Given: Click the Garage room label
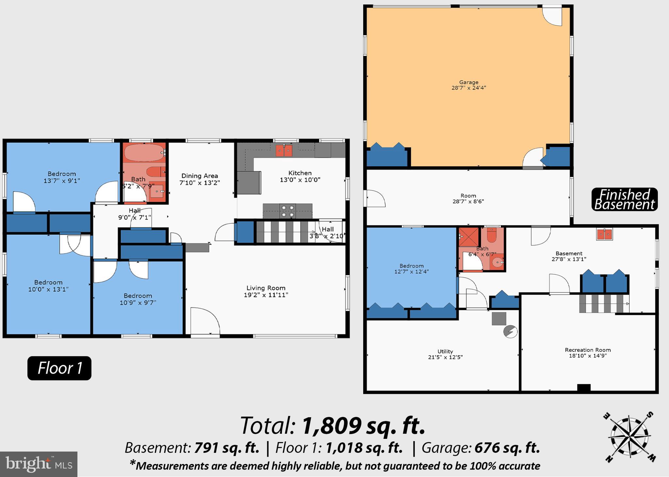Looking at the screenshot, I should point(468,83).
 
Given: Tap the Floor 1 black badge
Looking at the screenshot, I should point(59,368).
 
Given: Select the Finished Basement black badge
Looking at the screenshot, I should point(624,199).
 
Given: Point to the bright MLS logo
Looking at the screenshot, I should point(38,464).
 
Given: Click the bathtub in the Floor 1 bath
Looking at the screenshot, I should point(144,152).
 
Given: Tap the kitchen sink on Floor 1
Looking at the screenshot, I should point(284,151).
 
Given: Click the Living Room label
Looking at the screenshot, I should point(266,288).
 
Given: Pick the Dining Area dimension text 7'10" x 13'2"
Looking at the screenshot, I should point(200,183).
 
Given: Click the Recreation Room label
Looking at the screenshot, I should point(588,350).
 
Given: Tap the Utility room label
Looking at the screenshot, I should point(445,351).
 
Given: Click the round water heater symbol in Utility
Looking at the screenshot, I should point(510,331).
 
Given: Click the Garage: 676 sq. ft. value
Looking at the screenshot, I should point(507,448).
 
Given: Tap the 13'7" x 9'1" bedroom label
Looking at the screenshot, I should point(62,177).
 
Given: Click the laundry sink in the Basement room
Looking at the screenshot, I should point(604,234).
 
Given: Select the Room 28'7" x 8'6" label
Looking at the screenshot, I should point(468,199).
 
